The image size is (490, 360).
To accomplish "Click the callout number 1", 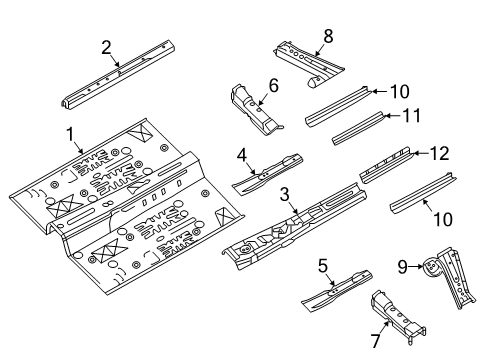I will [x=70, y=134].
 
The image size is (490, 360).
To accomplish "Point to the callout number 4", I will [x=242, y=154].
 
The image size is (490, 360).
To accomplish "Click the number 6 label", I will [x=271, y=85].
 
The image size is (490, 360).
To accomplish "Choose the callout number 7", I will [x=375, y=342].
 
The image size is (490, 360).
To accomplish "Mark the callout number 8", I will [x=327, y=36].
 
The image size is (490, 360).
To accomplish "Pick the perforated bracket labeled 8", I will [x=305, y=58].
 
